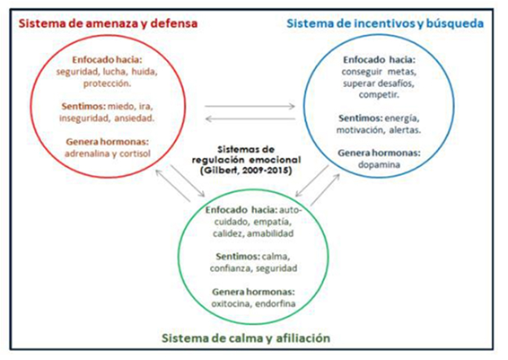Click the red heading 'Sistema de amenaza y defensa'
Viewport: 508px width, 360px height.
click(108, 23)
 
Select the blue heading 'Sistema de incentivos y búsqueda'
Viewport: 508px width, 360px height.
click(385, 23)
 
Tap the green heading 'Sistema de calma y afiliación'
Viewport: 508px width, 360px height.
click(246, 338)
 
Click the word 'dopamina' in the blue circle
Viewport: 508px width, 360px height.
click(379, 165)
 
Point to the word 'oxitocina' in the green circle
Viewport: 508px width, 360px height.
click(231, 304)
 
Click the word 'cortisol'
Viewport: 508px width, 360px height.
click(136, 154)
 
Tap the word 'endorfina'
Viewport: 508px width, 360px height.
click(276, 304)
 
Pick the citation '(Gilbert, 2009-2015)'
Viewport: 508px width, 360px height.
click(246, 171)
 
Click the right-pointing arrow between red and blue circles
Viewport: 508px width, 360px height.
click(250, 106)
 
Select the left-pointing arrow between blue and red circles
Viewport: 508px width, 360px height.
click(250, 119)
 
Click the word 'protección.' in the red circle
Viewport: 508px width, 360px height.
click(107, 83)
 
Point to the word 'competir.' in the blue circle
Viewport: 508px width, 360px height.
click(379, 95)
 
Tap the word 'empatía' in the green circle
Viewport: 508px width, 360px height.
click(273, 222)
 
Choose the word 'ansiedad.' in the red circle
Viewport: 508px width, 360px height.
click(134, 119)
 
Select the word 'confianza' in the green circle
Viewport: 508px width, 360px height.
click(231, 268)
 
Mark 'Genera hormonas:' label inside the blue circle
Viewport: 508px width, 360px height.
click(379, 153)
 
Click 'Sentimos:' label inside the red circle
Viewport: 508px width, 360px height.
click(83, 106)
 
